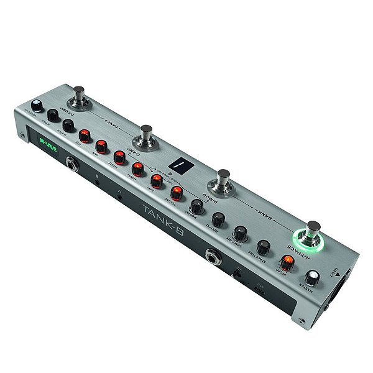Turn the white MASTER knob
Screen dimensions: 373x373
(311, 277)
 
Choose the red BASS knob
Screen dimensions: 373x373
(156, 180)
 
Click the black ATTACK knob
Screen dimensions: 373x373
(53, 116)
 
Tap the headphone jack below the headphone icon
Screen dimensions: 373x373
(121, 196)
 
